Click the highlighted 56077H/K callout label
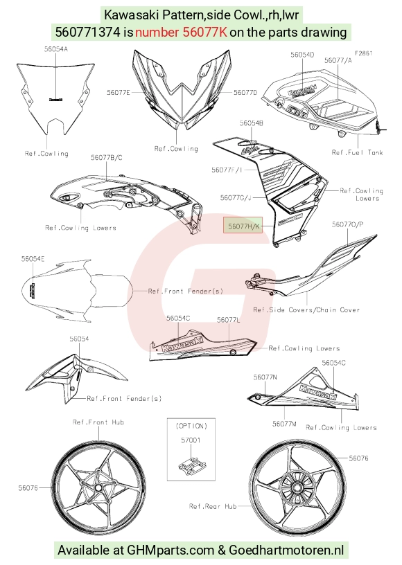point(243,226)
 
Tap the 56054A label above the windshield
point(56,49)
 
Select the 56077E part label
point(119,93)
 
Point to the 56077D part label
point(245,93)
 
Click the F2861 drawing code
point(363,53)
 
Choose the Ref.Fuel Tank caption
point(357,152)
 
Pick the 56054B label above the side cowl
point(252,123)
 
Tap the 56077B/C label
point(106,157)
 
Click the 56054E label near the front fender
point(33,259)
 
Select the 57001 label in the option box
point(191,440)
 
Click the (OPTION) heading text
point(191,426)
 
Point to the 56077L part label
point(228,320)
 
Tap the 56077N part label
point(265,377)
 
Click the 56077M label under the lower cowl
point(284,424)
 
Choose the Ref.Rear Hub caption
point(213,506)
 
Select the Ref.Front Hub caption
point(98,422)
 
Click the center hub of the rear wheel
point(297,488)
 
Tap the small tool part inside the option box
point(191,465)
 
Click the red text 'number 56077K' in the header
point(181,32)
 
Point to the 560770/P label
point(347,224)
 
